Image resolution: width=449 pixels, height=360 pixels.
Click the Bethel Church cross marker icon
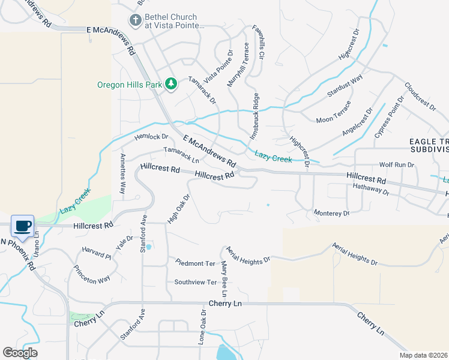136,21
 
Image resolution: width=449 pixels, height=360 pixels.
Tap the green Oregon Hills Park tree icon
171,84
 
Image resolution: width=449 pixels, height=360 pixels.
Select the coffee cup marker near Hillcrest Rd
23,226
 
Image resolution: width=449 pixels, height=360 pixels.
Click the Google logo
20,353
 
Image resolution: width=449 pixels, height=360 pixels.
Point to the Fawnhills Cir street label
261,44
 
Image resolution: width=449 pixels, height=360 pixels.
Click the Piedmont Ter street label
195,263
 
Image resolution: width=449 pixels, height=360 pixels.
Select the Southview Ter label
195,282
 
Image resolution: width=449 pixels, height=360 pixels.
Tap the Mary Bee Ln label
223,278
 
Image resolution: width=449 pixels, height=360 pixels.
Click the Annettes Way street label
122,174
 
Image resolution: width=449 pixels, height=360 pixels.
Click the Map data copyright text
424,355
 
